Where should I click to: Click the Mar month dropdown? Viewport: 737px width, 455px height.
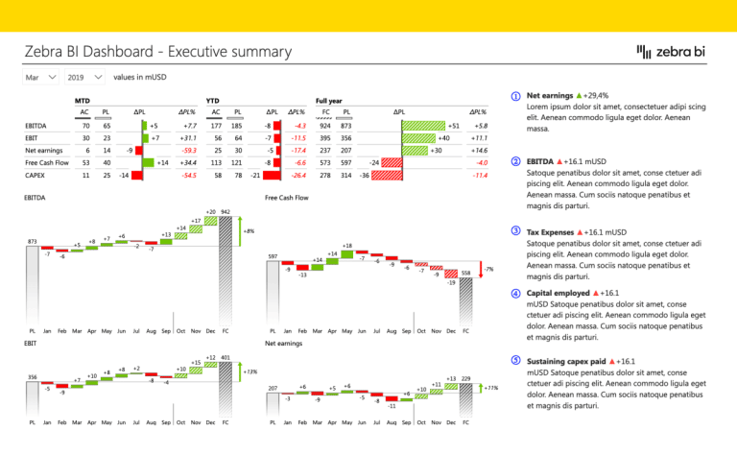[39, 76]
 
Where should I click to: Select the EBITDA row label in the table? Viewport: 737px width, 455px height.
[39, 126]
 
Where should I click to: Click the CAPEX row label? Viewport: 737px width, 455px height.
[36, 176]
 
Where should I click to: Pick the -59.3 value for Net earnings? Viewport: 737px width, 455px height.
[187, 151]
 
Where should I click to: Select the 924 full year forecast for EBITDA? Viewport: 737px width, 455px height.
[325, 126]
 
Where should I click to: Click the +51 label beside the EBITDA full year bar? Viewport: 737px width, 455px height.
[454, 126]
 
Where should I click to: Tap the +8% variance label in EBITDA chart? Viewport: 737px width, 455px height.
[249, 231]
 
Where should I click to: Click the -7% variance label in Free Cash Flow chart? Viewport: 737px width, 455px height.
[488, 270]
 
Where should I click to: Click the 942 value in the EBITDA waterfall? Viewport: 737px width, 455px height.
[225, 210]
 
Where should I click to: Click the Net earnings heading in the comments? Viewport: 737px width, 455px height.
[552, 97]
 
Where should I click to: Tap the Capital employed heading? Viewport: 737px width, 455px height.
[559, 293]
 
